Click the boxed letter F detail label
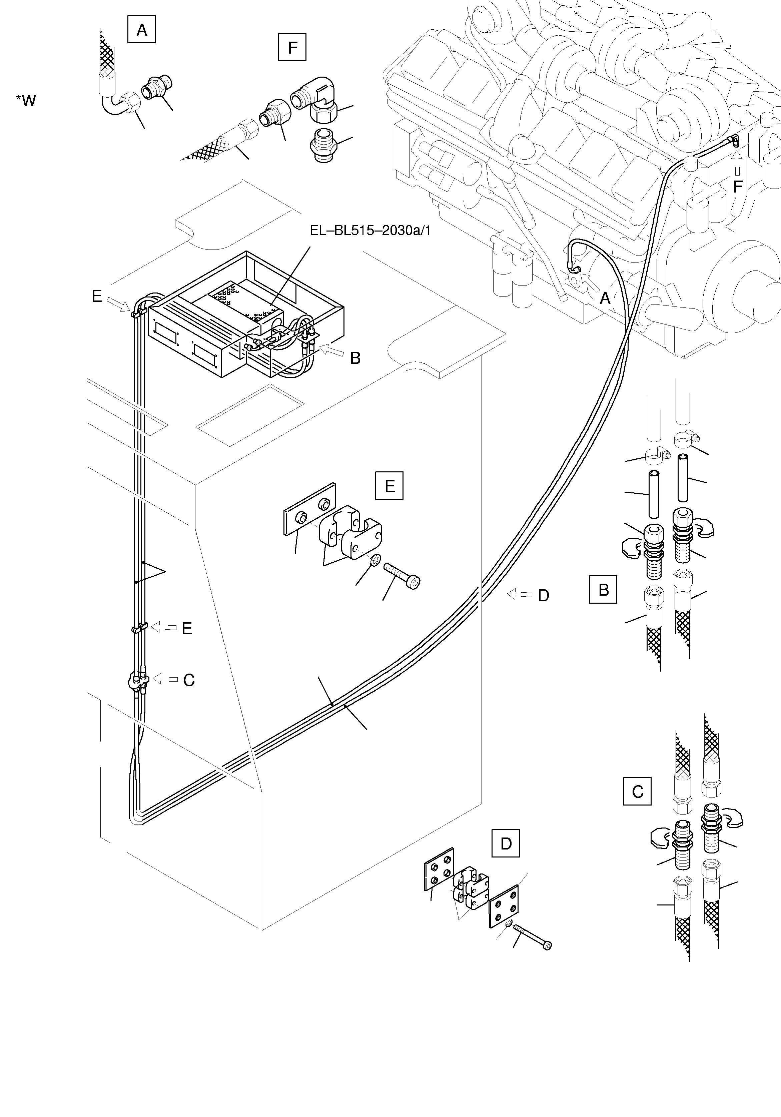292,47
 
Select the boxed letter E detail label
389,485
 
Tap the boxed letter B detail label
603,590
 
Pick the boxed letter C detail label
637,792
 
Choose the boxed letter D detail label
506,843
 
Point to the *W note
26,101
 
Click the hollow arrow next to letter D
520,594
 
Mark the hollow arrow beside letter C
165,679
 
